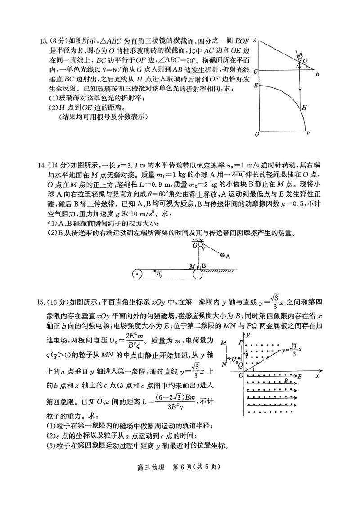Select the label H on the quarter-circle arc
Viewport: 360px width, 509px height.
pyautogui.click(x=304, y=108)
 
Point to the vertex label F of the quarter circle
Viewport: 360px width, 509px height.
pyautogui.click(x=308, y=134)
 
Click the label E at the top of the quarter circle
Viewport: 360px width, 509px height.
pyautogui.click(x=255, y=85)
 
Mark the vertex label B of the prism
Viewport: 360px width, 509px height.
pyautogui.click(x=317, y=73)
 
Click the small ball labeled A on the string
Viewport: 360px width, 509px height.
pyautogui.click(x=222, y=256)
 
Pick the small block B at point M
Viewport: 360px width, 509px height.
pyautogui.click(x=198, y=266)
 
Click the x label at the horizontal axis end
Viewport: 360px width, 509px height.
pyautogui.click(x=317, y=374)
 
